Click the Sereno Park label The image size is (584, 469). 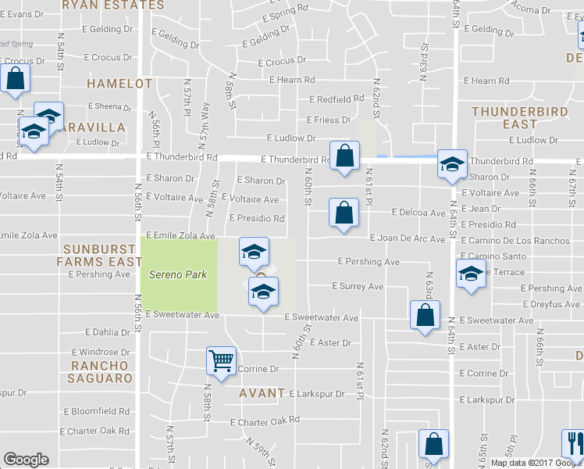click(x=179, y=274)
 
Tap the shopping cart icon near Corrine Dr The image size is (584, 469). click(x=222, y=361)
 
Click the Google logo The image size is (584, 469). click(x=26, y=460)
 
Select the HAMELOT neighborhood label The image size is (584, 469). click(x=119, y=83)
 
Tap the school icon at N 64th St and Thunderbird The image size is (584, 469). click(x=452, y=163)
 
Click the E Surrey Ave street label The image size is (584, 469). click(x=358, y=287)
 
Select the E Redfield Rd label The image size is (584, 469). click(x=337, y=99)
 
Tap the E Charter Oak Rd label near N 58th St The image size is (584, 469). click(x=265, y=420)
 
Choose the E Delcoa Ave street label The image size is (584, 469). click(x=418, y=213)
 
